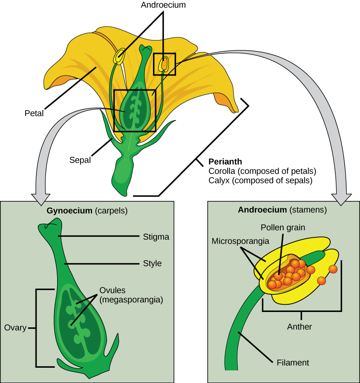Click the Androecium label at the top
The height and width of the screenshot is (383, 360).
click(x=162, y=6)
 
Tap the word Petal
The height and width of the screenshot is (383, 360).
click(x=34, y=114)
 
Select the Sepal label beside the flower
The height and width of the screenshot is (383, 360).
click(x=80, y=160)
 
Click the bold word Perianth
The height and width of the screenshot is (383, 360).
click(x=225, y=162)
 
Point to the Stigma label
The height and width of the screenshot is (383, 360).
click(x=156, y=236)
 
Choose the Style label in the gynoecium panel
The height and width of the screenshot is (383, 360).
click(x=152, y=263)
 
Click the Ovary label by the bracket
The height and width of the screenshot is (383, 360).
click(x=15, y=328)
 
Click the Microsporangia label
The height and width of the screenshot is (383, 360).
click(x=240, y=241)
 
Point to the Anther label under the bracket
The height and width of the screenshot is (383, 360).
click(x=299, y=327)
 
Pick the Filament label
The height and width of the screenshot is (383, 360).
click(x=293, y=362)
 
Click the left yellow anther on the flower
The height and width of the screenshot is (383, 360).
click(x=120, y=57)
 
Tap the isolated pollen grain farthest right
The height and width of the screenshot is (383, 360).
click(x=333, y=269)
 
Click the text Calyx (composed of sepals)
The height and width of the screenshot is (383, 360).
click(x=260, y=180)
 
